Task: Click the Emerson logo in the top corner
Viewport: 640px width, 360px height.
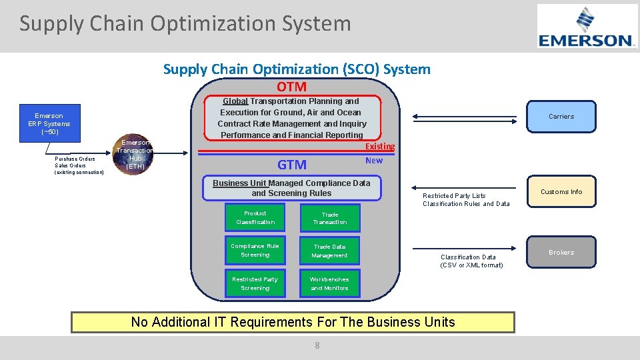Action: coord(587,26)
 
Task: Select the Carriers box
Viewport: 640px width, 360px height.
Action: coord(561,116)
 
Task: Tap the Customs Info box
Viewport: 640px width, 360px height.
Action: coord(561,192)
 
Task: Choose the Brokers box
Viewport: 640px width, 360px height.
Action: coord(561,253)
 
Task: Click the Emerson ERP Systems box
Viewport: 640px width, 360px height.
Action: coord(49,124)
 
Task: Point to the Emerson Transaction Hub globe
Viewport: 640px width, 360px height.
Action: coord(135,155)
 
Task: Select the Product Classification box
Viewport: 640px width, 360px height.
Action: coord(255,218)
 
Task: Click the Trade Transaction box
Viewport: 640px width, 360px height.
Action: coord(330,218)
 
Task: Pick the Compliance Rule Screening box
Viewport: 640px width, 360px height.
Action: coord(255,251)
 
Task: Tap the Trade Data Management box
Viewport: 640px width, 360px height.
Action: coord(330,251)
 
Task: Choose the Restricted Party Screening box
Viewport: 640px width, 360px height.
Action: coord(255,284)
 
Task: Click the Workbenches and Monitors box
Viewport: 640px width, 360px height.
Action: coord(330,284)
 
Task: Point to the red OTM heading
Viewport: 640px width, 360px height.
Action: coord(291,87)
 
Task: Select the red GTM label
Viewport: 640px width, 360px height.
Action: coord(292,165)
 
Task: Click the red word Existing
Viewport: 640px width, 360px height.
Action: coord(379,147)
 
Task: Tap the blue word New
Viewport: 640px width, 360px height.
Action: coord(374,161)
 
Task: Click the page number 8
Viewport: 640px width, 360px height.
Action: coord(317,345)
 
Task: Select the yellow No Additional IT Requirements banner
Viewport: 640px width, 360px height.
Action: coord(293,322)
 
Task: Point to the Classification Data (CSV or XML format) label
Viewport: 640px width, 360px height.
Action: coord(471,261)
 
